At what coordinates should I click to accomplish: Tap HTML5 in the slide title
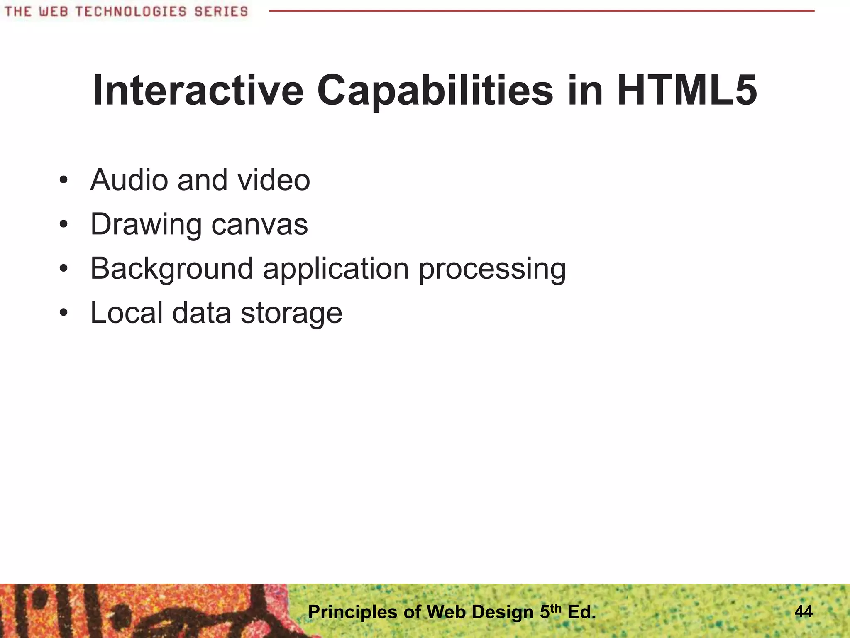pyautogui.click(x=687, y=91)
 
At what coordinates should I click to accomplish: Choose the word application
pyautogui.click(x=336, y=269)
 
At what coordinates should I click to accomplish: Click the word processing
pyautogui.click(x=492, y=269)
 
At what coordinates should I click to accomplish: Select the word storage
pyautogui.click(x=291, y=314)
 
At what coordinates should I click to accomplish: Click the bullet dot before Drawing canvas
pyautogui.click(x=63, y=225)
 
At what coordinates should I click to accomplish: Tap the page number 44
pyautogui.click(x=804, y=611)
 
